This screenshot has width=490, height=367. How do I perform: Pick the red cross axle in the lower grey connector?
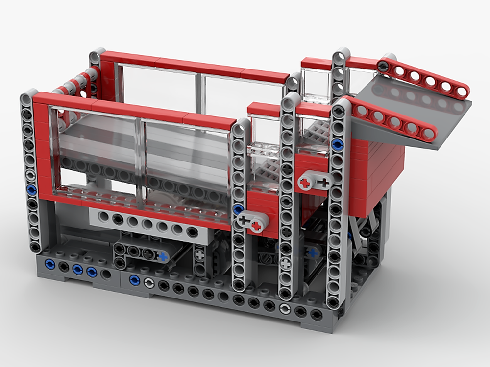[256, 226]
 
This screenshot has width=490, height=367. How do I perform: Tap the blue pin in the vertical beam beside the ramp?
[337, 144]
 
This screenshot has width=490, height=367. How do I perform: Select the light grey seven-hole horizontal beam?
[147, 223]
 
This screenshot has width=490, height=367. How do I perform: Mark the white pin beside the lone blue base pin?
[148, 282]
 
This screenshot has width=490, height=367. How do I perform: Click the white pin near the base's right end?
[285, 309]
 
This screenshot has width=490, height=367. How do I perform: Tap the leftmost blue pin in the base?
[49, 264]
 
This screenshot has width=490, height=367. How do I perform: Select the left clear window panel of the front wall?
[98, 152]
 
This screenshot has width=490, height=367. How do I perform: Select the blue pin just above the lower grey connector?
[238, 210]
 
